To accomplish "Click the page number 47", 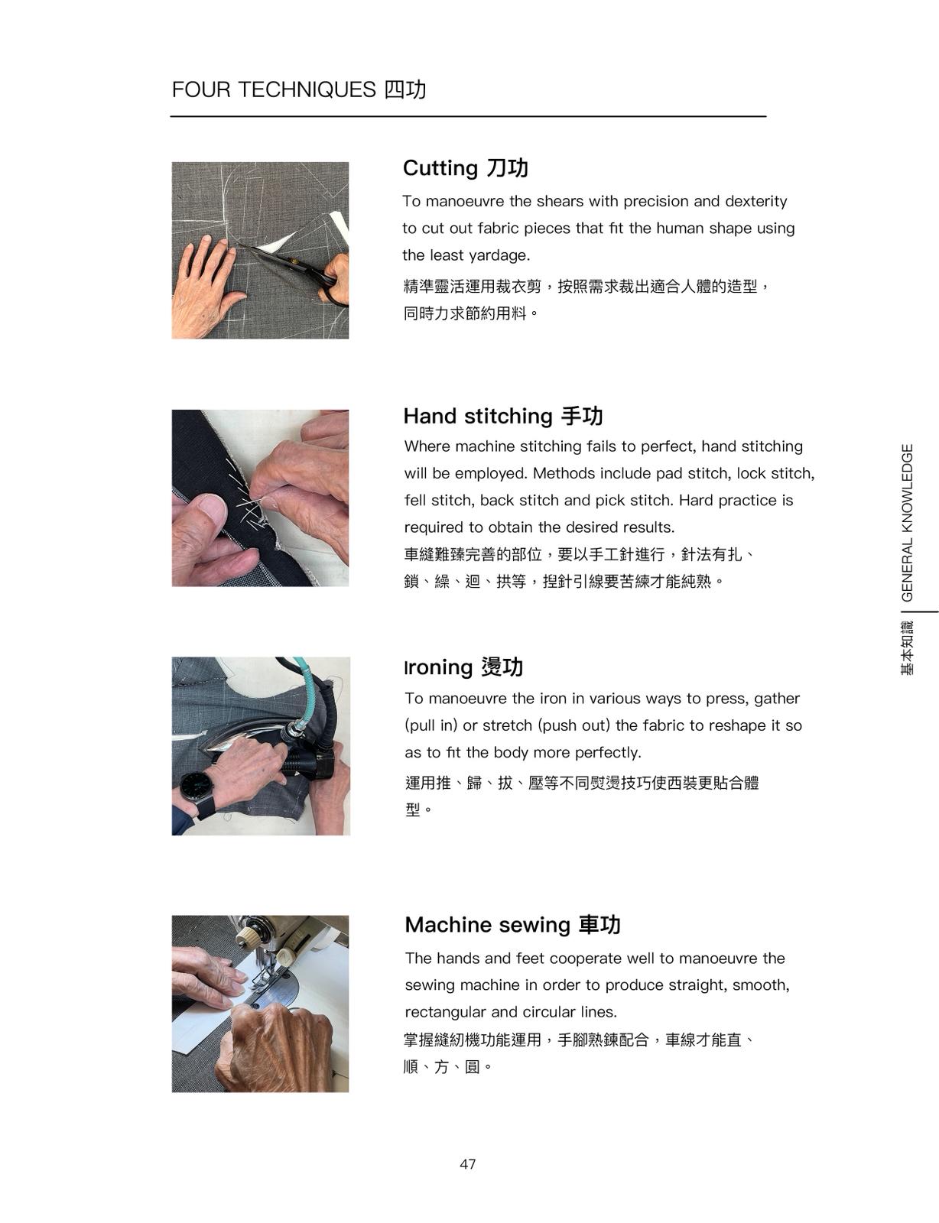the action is [467, 1164].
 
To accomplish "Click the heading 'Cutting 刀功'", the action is [465, 168].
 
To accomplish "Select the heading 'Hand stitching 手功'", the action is [502, 417].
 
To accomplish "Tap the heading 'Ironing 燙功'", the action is [464, 667].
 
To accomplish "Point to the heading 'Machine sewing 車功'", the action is [512, 925].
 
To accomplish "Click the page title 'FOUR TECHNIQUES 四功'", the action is [299, 89].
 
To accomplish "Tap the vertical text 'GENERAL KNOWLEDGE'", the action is [906, 522].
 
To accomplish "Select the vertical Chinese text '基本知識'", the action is [907, 647].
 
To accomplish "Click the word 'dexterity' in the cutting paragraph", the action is [756, 202].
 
